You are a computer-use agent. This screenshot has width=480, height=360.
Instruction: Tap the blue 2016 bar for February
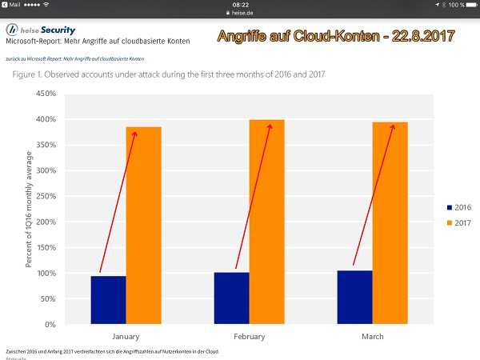coord(231,298)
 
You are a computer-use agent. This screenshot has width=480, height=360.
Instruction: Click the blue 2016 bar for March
coord(354,297)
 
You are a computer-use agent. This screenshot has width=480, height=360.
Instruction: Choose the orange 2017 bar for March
coord(390,223)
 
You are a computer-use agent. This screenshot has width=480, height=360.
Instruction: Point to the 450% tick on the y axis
coord(44,94)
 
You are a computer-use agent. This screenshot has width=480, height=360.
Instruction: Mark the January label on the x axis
coord(126,337)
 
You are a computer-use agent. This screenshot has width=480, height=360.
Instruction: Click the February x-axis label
coord(249,337)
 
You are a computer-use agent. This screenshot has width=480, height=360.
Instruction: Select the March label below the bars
coord(372,337)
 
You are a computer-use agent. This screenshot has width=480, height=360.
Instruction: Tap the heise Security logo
coord(41,29)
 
